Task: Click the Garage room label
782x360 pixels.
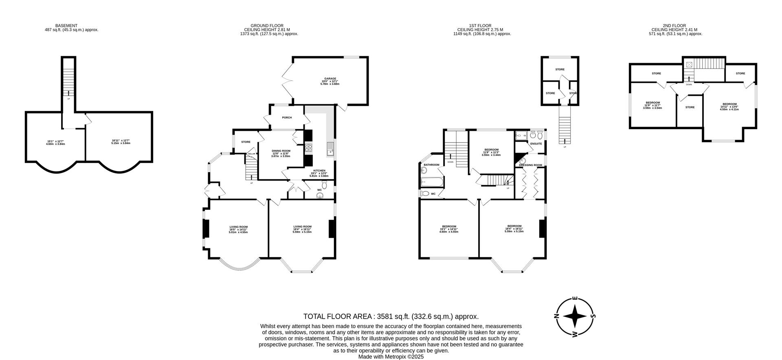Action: point(330,79)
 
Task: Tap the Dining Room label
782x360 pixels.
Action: point(281,151)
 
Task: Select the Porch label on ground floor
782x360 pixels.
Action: point(287,118)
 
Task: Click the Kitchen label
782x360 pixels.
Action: point(319,171)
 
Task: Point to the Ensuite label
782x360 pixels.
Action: point(536,144)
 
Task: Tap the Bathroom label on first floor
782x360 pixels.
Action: point(431,165)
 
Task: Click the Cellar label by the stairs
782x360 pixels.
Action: point(251,154)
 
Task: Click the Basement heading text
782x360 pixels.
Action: point(66,26)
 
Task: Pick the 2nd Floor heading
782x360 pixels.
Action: point(674,26)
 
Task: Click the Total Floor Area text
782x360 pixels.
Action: point(391,316)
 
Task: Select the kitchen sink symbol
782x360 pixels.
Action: point(330,149)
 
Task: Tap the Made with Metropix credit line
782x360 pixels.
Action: point(391,356)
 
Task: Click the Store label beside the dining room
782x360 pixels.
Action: point(246,142)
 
